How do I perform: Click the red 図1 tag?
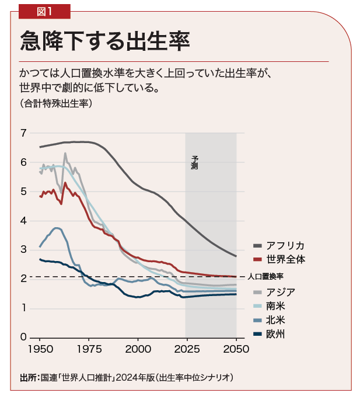pos(44,11)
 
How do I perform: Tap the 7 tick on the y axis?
pos(23,133)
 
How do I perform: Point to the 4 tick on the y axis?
pos(23,221)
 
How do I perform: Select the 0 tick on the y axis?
pos(23,337)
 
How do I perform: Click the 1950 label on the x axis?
pos(40,349)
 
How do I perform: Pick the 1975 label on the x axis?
pos(89,349)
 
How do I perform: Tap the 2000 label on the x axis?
pos(138,349)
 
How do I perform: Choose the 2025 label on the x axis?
pos(187,349)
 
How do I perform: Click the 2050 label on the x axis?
pos(236,349)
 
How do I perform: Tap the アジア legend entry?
pos(280,292)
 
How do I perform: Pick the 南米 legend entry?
pos(276,306)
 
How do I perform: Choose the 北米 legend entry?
pos(276,320)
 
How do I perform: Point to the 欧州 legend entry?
pos(276,334)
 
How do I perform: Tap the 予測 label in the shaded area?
pos(194,162)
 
